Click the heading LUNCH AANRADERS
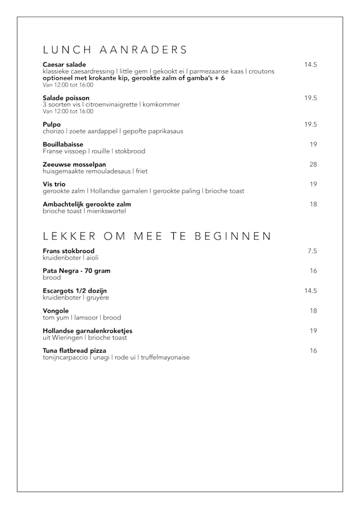pyautogui.click(x=115, y=50)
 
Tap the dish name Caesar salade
pyautogui.click(x=64, y=65)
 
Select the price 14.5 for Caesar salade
pyautogui.click(x=310, y=65)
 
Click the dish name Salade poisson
pyautogui.click(x=66, y=98)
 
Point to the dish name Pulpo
pyautogui.click(x=52, y=124)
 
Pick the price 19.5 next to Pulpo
pyautogui.click(x=310, y=124)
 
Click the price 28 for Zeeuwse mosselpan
pyautogui.click(x=313, y=164)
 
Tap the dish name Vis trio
pyautogui.click(x=54, y=184)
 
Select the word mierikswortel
pyautogui.click(x=106, y=211)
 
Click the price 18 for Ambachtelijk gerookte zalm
pyautogui.click(x=313, y=204)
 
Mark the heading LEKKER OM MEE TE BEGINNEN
pyautogui.click(x=157, y=236)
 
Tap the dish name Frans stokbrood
pyautogui.click(x=69, y=251)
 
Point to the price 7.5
pyautogui.click(x=312, y=251)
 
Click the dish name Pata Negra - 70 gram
pyautogui.click(x=76, y=271)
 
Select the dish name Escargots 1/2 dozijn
pyautogui.click(x=75, y=291)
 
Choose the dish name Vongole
pyautogui.click(x=56, y=310)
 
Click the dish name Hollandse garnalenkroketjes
pyautogui.click(x=88, y=331)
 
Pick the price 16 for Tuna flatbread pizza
pyautogui.click(x=313, y=350)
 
